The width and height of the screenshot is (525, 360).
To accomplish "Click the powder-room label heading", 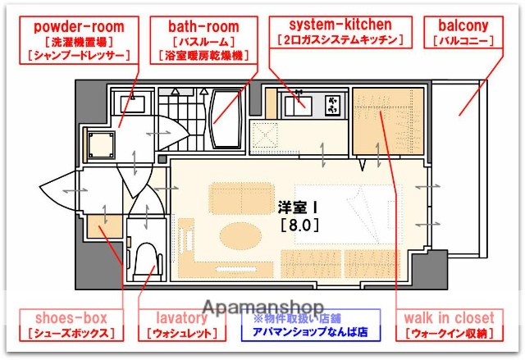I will click(x=80, y=25).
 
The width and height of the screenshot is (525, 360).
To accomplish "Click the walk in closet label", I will click(x=449, y=317).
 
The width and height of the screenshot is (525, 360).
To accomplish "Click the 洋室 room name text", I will click(x=294, y=207).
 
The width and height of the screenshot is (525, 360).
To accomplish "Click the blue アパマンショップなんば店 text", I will click(x=310, y=333).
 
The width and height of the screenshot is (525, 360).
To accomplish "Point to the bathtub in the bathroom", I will click(x=225, y=118).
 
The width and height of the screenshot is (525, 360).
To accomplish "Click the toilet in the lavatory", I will click(x=148, y=258).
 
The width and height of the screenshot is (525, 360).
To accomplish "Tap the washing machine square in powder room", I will click(x=103, y=145).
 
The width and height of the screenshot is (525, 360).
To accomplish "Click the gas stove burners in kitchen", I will click(x=332, y=105).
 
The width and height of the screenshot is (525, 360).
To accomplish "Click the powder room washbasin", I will click(x=131, y=104).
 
